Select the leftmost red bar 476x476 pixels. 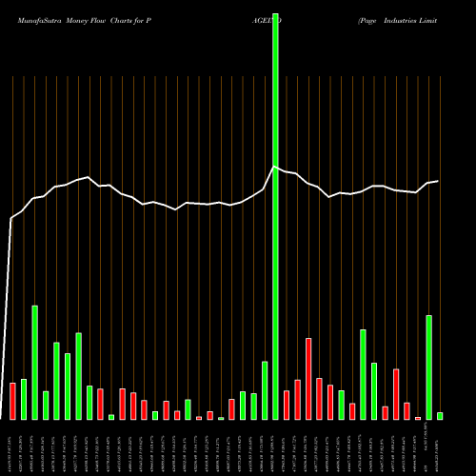[12, 401]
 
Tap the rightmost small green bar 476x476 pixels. [440, 416]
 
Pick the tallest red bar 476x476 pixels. [308, 379]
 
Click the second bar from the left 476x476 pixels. [24, 399]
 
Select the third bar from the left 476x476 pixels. [34, 363]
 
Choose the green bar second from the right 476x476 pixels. [429, 367]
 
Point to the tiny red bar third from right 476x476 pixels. [418, 418]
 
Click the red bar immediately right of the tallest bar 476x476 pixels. [287, 405]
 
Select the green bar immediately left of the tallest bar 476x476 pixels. [265, 390]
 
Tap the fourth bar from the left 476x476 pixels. [46, 405]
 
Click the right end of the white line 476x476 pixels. [438, 181]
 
